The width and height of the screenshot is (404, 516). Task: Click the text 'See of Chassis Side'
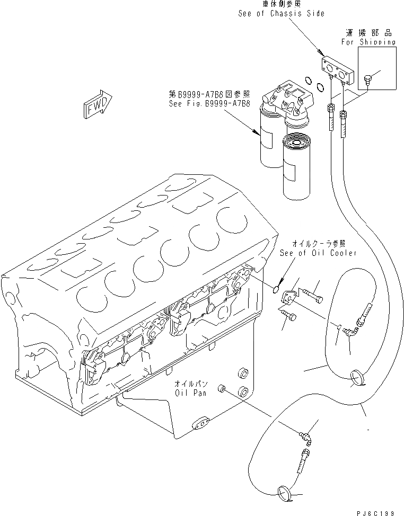(280, 13)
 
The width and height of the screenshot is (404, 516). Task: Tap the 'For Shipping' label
(368, 41)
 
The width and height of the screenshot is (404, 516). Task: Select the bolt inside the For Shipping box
(367, 80)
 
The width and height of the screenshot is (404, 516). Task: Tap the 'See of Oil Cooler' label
(318, 253)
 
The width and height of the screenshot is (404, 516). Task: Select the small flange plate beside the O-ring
(289, 297)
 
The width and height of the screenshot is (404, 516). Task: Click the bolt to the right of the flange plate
(314, 292)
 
